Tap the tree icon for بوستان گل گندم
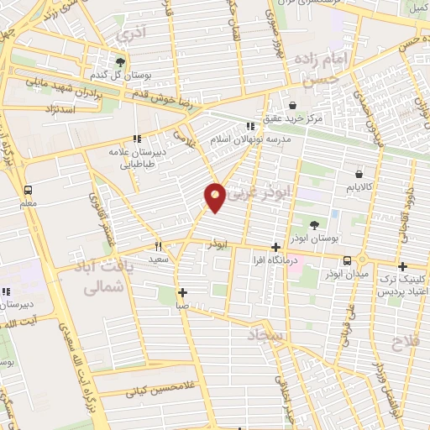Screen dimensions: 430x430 [x=120, y=62]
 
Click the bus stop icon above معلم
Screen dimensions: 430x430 [x=29, y=190]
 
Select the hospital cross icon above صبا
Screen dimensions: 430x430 [x=182, y=292]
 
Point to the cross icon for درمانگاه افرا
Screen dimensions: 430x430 [x=275, y=247]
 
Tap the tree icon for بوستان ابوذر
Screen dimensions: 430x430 [x=314, y=225]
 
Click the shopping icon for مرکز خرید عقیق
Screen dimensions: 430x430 [x=291, y=105]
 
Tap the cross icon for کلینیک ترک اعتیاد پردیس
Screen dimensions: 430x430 [x=402, y=265]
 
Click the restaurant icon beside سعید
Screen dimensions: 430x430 [x=157, y=247]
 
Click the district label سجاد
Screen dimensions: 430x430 [x=267, y=336]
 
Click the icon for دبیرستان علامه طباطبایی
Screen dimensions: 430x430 [x=136, y=139]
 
